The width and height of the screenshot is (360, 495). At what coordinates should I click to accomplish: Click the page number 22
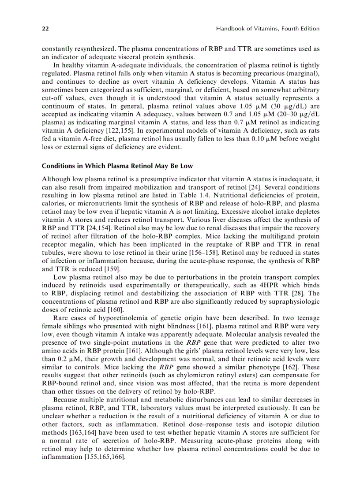click(x=45, y=29)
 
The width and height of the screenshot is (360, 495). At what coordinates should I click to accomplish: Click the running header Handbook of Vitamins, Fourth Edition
click(x=267, y=29)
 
